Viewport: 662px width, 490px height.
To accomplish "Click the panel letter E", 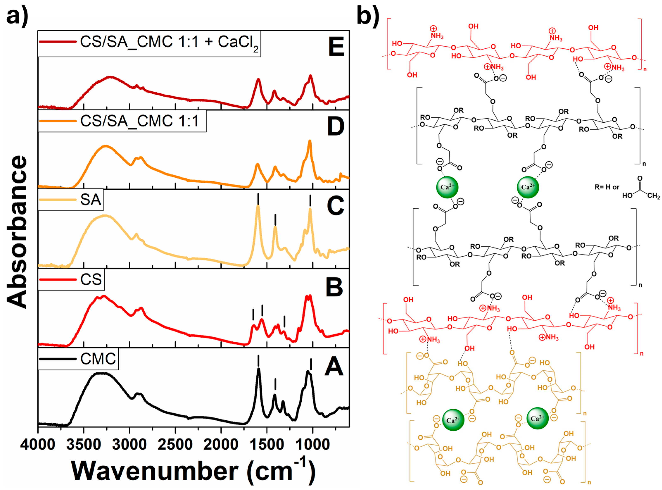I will pyautogui.click(x=336, y=47).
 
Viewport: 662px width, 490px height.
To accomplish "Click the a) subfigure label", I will pyautogui.click(x=17, y=15).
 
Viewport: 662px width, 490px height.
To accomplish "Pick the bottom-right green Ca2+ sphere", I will pyautogui.click(x=537, y=418).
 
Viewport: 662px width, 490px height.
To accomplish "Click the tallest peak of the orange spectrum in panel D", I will pyautogui.click(x=310, y=141).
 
